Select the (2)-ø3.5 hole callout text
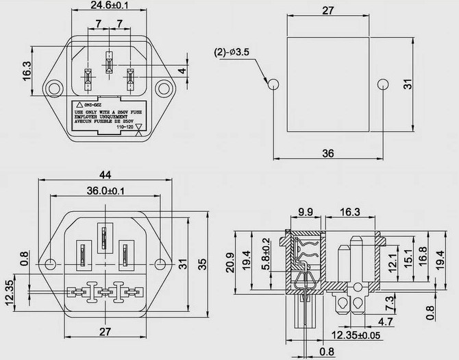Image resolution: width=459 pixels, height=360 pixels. point(235,51)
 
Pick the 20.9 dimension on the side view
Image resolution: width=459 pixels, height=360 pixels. point(230,261)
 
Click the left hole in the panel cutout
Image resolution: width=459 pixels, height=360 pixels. point(273,84)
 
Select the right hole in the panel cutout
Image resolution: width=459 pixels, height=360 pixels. point(382,84)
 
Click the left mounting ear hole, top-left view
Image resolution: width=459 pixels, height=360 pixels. point(51,88)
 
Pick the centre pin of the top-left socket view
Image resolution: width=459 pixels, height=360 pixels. point(108,63)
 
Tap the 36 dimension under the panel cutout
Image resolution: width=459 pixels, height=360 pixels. point(327,154)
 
